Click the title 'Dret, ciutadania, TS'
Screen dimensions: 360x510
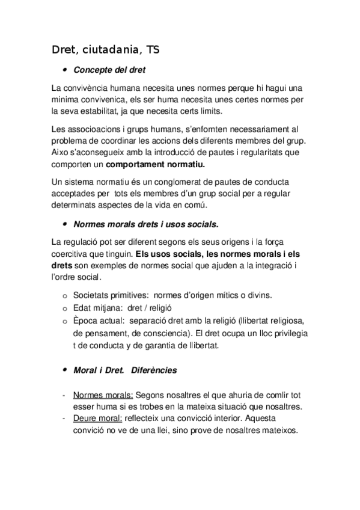click(105, 49)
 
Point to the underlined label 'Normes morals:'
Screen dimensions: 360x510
click(103, 395)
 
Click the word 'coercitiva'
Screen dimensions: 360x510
click(73, 254)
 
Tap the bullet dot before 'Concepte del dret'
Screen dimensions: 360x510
click(63, 70)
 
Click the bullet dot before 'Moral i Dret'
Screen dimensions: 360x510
click(63, 370)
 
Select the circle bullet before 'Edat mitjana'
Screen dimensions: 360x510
click(65, 307)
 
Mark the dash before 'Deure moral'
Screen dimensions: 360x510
click(64, 418)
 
